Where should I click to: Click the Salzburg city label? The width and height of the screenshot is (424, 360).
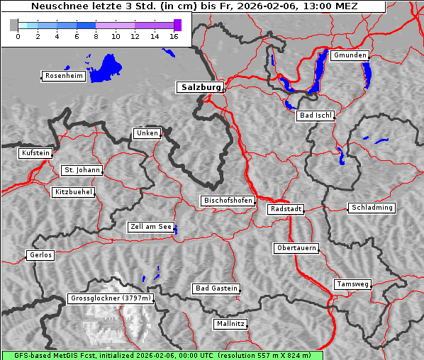pyautogui.click(x=199, y=87)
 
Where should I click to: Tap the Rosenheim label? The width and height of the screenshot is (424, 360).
pyautogui.click(x=62, y=76)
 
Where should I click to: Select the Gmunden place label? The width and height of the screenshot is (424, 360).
pyautogui.click(x=350, y=55)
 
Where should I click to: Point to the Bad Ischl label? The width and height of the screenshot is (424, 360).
pyautogui.click(x=315, y=116)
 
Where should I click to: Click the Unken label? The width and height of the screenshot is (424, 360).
pyautogui.click(x=146, y=133)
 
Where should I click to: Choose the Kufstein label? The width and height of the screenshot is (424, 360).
pyautogui.click(x=35, y=153)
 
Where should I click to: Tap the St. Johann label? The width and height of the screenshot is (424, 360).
pyautogui.click(x=82, y=170)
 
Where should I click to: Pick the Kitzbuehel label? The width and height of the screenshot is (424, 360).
pyautogui.click(x=73, y=192)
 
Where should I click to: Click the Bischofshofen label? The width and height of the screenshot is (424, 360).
pyautogui.click(x=227, y=201)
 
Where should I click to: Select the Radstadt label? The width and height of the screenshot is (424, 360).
pyautogui.click(x=286, y=209)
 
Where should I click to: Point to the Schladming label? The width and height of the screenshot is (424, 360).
pyautogui.click(x=371, y=208)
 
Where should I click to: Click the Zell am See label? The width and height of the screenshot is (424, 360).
pyautogui.click(x=150, y=227)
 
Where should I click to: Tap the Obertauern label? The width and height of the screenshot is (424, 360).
pyautogui.click(x=296, y=248)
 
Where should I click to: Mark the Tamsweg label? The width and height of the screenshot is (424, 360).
pyautogui.click(x=352, y=284)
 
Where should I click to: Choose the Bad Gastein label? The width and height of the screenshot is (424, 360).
pyautogui.click(x=216, y=288)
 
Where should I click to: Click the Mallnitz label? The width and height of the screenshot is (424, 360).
pyautogui.click(x=230, y=324)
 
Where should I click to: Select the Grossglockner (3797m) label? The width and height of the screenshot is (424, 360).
pyautogui.click(x=111, y=298)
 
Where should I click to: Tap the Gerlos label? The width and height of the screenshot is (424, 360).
pyautogui.click(x=40, y=255)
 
